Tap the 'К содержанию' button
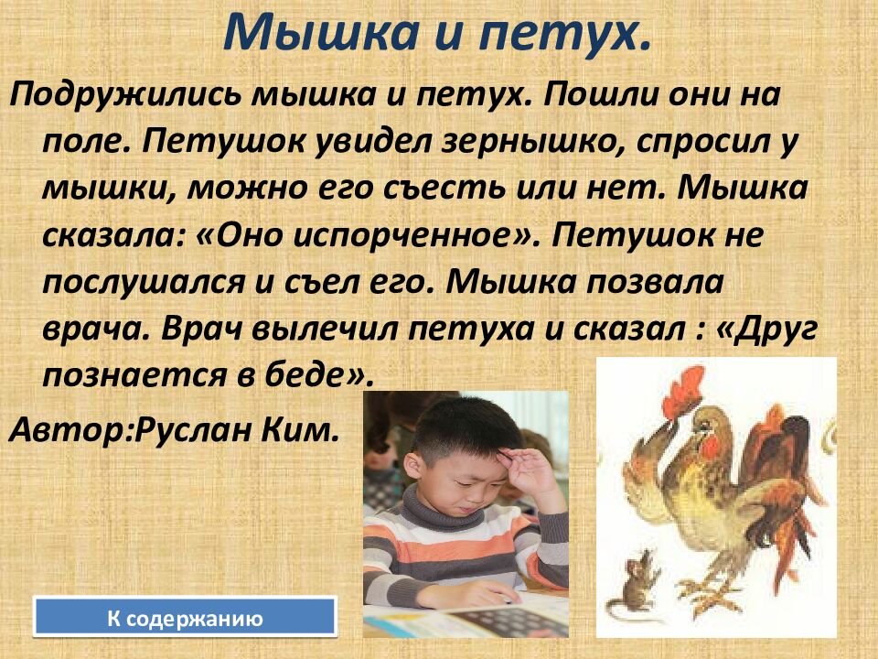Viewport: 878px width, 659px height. coord(185,619)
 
